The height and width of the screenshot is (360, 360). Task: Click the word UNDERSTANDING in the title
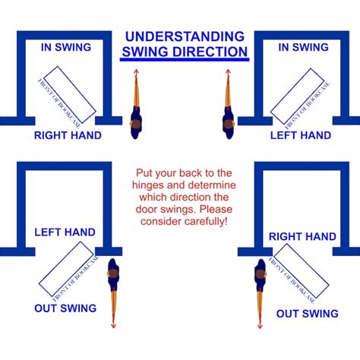click(x=185, y=36)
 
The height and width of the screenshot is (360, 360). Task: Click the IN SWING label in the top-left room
click(x=66, y=47)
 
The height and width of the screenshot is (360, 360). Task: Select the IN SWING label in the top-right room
click(x=303, y=47)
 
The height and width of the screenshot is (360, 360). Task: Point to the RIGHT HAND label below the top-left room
click(x=68, y=135)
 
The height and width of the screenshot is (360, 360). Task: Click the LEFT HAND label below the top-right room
click(x=301, y=135)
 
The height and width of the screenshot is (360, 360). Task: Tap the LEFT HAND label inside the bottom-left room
click(x=65, y=232)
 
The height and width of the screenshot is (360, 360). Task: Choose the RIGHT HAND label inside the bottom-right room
click(x=302, y=237)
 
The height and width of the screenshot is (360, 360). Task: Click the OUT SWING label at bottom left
click(x=65, y=308)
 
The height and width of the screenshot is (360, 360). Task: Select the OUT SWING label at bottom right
click(x=308, y=314)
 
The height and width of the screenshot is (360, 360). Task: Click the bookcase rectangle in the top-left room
click(x=70, y=94)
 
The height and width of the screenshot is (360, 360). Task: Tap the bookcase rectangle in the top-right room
click(x=298, y=96)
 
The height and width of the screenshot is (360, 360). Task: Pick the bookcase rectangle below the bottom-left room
click(x=66, y=269)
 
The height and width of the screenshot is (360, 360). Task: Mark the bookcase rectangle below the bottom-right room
click(x=302, y=270)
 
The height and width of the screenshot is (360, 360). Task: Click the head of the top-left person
click(x=136, y=124)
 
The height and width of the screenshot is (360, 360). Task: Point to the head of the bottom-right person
click(x=261, y=274)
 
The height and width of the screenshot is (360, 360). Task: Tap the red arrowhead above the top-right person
click(x=228, y=71)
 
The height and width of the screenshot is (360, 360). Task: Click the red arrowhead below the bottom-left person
click(x=113, y=326)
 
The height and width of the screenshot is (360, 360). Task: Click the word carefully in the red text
click(x=205, y=222)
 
